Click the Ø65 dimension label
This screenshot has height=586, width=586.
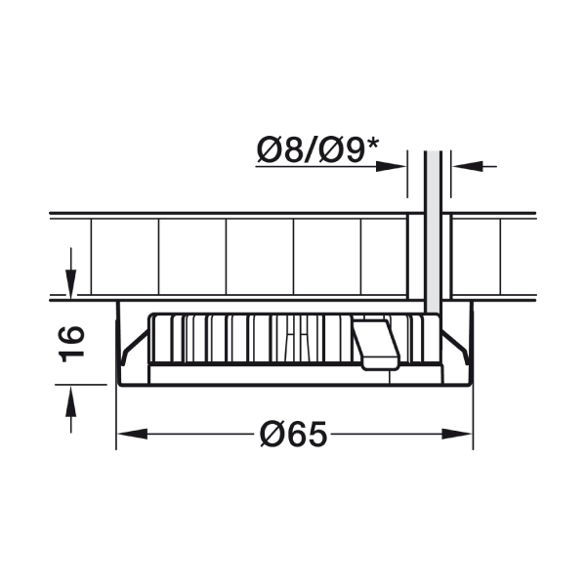point(293,434)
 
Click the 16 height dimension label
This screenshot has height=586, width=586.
point(71,344)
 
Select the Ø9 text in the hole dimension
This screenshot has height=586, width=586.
point(342,150)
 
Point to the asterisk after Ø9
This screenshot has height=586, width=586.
point(372,144)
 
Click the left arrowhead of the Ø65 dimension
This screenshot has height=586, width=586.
point(132,434)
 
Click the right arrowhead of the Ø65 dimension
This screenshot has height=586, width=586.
point(457,434)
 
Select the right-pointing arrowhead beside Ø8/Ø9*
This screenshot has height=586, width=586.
point(391,166)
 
